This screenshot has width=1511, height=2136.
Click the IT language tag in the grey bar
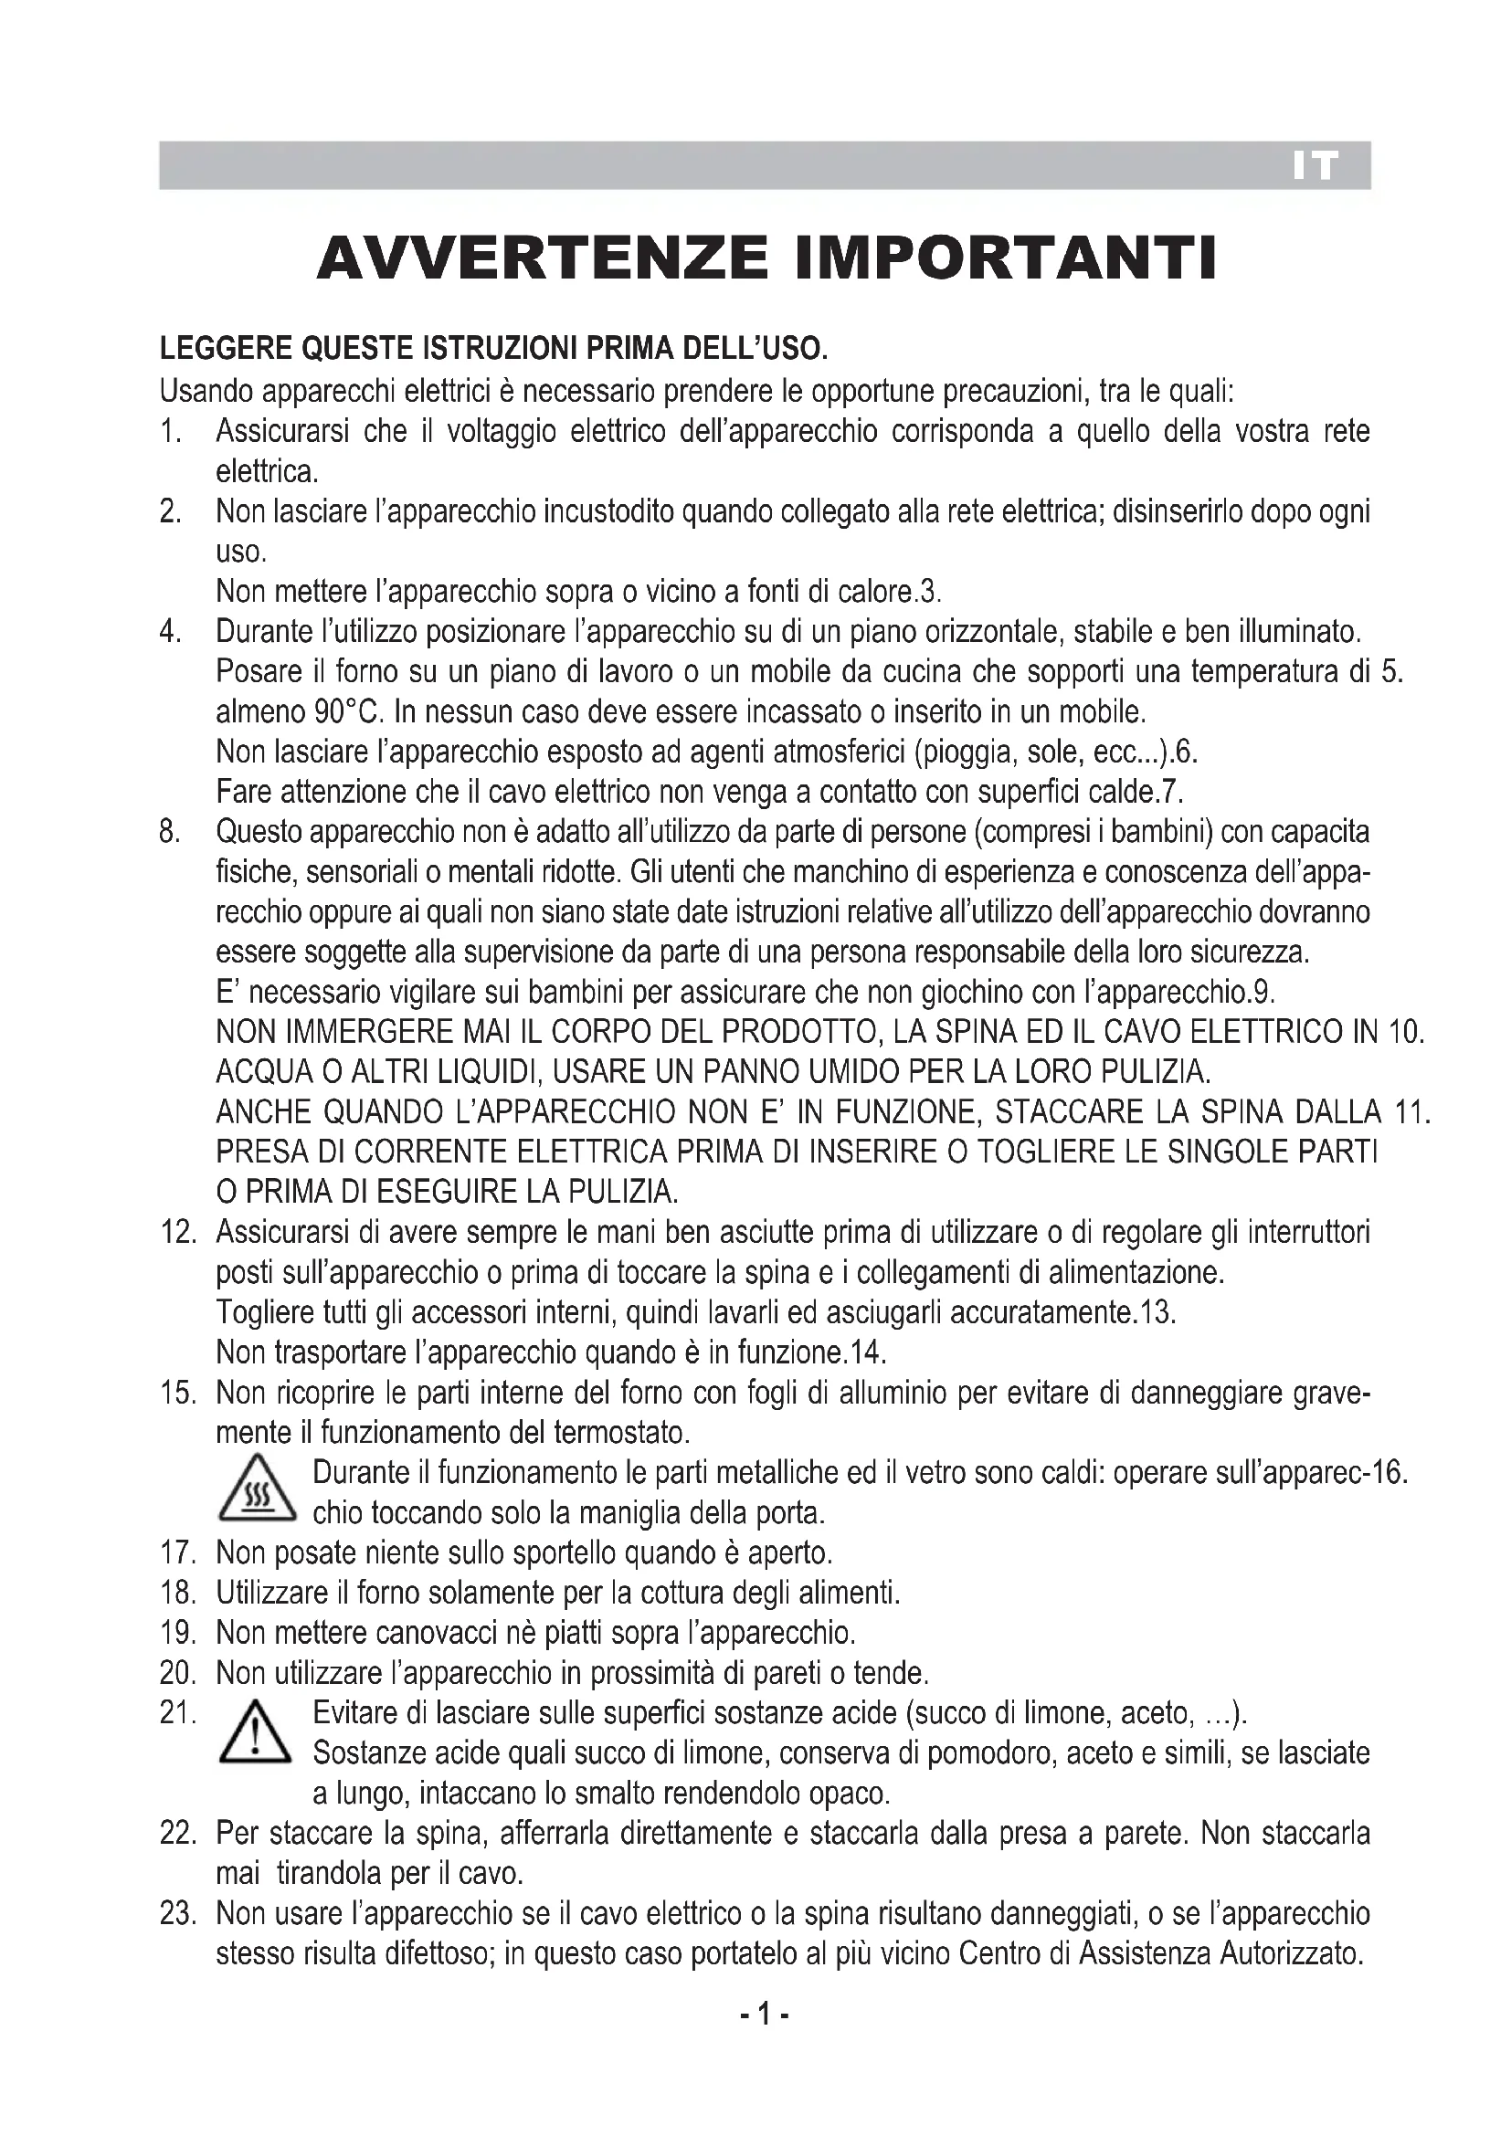tap(1315, 166)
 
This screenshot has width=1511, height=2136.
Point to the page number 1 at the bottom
tap(763, 2015)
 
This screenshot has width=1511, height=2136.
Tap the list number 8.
tap(170, 832)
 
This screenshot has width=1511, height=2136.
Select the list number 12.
tap(178, 1234)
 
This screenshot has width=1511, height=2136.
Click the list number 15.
tap(178, 1394)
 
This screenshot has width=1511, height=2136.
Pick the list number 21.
tap(178, 1713)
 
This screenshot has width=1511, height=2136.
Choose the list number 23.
tap(178, 1915)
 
